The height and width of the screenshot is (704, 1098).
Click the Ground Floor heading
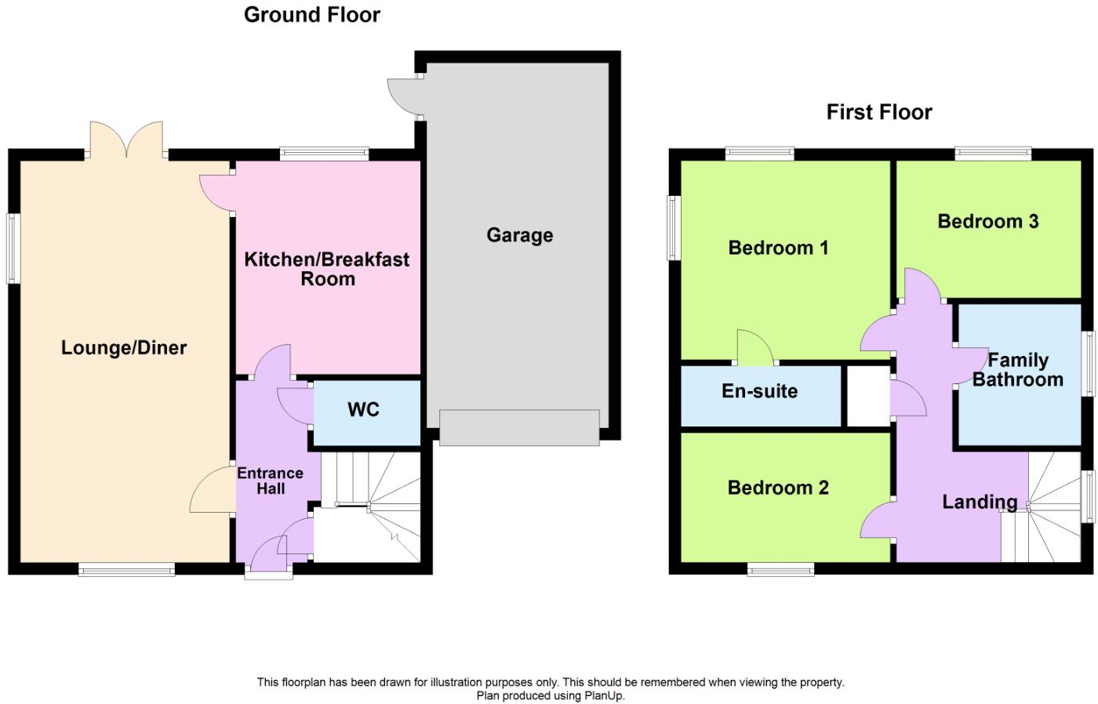click(x=311, y=15)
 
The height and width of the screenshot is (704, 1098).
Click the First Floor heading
click(x=878, y=112)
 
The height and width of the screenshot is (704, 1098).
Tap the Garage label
click(x=519, y=235)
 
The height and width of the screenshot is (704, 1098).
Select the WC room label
click(x=363, y=409)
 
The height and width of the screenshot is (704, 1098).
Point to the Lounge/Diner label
click(x=124, y=348)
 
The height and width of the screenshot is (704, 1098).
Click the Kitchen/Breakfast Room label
click(x=327, y=269)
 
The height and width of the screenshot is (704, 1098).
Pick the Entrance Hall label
click(x=271, y=481)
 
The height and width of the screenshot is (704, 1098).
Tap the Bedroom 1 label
click(x=777, y=248)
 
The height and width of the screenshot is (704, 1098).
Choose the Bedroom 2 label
click(x=777, y=488)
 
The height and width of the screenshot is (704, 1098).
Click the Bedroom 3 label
click(x=987, y=221)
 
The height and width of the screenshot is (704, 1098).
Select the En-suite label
click(x=759, y=391)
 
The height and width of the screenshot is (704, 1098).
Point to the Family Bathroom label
click(x=1017, y=370)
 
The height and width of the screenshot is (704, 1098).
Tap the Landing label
click(x=979, y=502)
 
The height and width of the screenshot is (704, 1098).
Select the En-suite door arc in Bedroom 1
click(x=753, y=349)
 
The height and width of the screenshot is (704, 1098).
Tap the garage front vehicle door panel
click(x=519, y=427)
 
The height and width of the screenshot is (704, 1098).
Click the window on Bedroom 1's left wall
click(x=674, y=227)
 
